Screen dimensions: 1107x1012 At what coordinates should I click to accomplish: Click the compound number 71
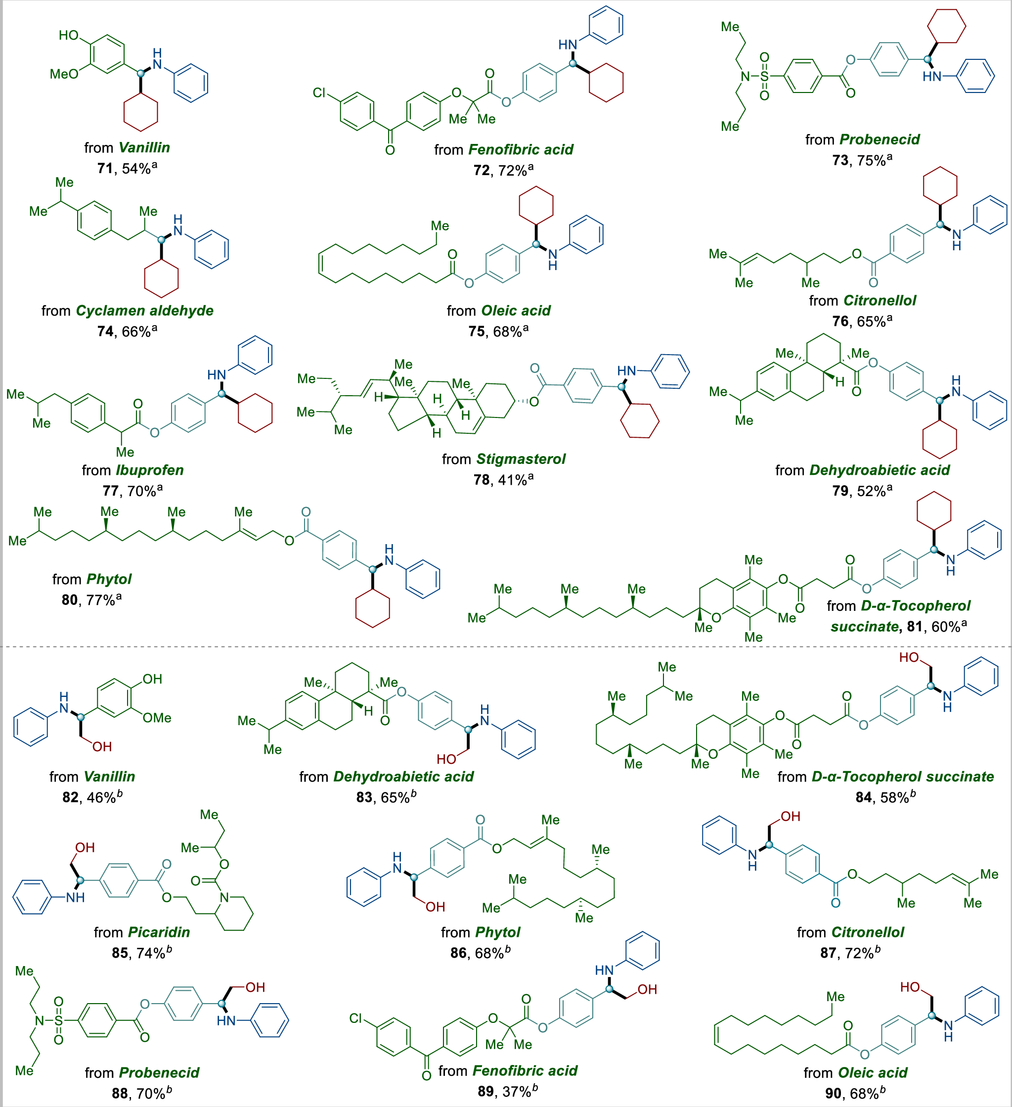click(x=105, y=169)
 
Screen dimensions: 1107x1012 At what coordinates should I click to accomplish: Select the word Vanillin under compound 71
click(x=144, y=148)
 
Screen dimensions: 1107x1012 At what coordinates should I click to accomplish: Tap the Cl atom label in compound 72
click(x=319, y=93)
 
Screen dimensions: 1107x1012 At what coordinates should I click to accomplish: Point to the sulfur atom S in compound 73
click(x=764, y=76)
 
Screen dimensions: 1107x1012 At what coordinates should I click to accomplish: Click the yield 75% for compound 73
click(x=871, y=160)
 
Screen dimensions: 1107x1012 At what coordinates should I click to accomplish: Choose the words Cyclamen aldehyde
click(x=144, y=311)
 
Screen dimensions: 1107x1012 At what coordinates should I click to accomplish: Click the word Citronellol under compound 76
click(x=880, y=301)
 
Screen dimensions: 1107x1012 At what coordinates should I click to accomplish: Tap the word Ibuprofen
click(x=149, y=470)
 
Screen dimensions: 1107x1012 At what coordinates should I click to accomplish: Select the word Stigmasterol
click(x=521, y=459)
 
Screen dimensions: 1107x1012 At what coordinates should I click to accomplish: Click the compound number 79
click(x=840, y=491)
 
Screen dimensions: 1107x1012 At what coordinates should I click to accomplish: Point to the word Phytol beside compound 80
click(x=109, y=579)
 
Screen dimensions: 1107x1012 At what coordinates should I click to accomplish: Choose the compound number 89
click(x=485, y=1091)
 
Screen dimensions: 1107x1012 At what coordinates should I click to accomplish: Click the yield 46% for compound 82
click(x=101, y=797)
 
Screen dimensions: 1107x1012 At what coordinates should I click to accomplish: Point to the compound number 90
click(x=833, y=1093)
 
